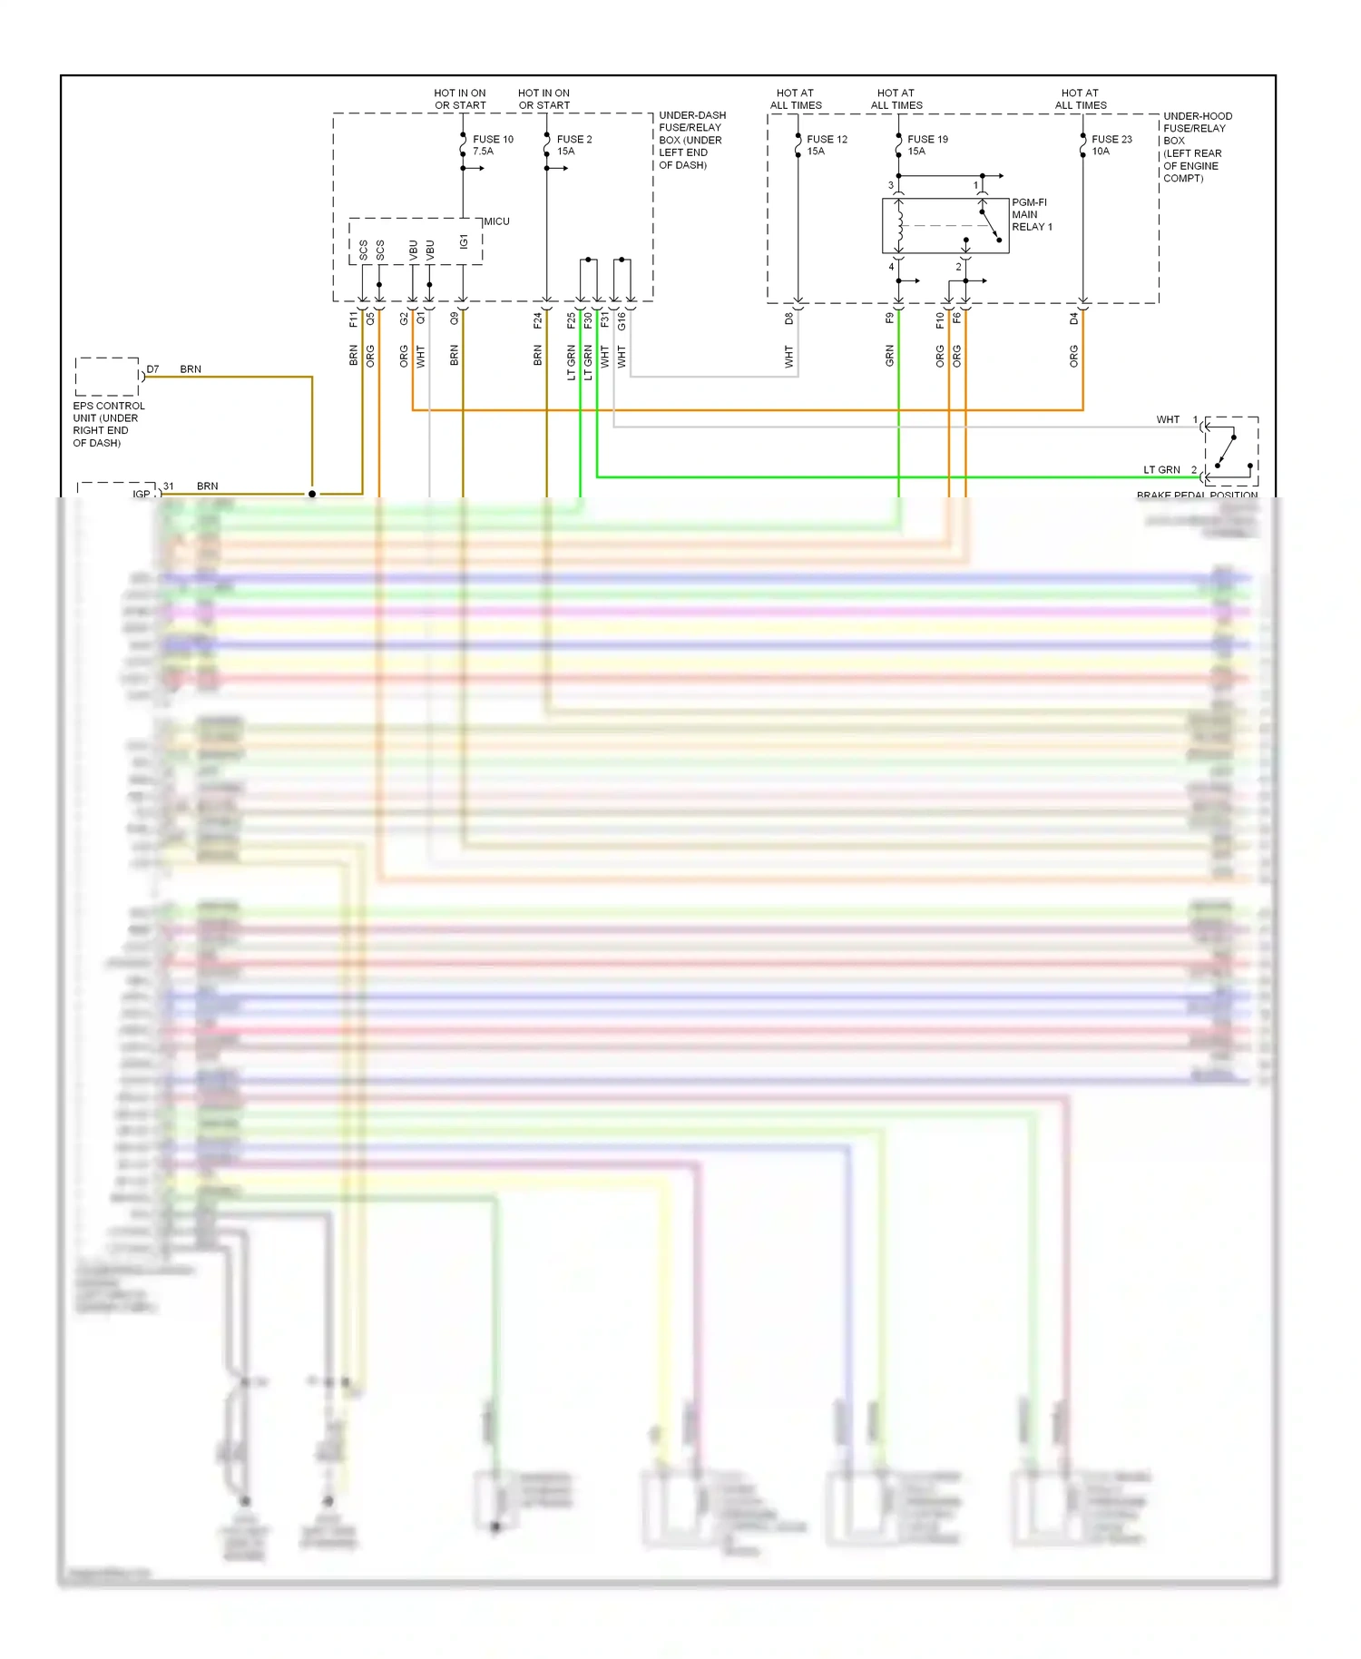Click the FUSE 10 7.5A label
(492, 145)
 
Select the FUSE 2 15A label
(573, 145)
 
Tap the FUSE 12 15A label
(826, 145)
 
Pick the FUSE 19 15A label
(926, 145)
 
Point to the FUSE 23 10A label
(1111, 145)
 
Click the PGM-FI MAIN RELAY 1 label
(1032, 215)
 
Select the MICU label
(496, 221)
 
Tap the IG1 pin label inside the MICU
(464, 242)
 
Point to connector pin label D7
(152, 369)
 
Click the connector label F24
(537, 319)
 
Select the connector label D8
(788, 319)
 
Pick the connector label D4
(1073, 319)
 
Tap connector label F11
(353, 319)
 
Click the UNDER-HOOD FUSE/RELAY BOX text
(1197, 147)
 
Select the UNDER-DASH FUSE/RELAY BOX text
(691, 140)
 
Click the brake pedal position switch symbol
(1229, 451)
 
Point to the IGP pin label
(142, 494)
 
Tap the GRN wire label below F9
(889, 356)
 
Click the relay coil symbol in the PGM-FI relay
(899, 226)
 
